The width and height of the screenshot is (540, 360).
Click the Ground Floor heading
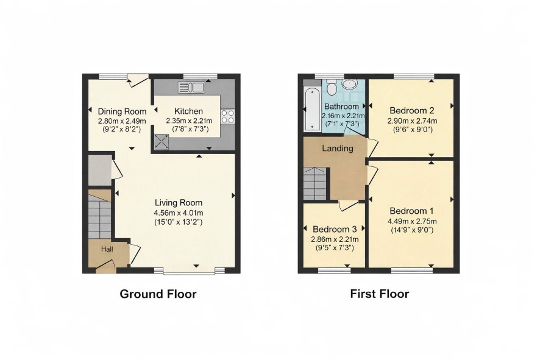pos(158,294)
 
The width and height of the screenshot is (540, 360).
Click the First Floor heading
pos(380,294)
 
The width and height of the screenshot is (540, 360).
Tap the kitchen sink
pos(191,88)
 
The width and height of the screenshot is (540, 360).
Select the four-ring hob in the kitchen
pos(227,116)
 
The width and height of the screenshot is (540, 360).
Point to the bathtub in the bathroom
pos(313,108)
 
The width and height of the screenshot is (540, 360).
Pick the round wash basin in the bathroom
pos(350,85)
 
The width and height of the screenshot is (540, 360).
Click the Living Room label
pos(179,203)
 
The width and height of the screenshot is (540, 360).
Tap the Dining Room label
pos(123,111)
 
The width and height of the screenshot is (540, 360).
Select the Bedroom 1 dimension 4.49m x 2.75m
pos(412,221)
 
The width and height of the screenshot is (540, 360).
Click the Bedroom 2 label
pos(412,110)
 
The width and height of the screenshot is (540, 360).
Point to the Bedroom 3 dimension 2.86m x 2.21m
pos(335,239)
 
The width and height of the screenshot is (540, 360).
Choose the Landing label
pos(338,149)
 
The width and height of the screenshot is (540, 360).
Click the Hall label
pos(107,249)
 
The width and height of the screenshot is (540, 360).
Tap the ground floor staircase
pos(99,216)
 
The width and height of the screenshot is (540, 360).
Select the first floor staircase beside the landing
pos(314,183)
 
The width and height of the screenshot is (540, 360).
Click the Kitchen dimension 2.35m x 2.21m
pos(189,121)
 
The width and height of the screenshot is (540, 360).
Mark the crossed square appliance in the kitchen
pos(161,141)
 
